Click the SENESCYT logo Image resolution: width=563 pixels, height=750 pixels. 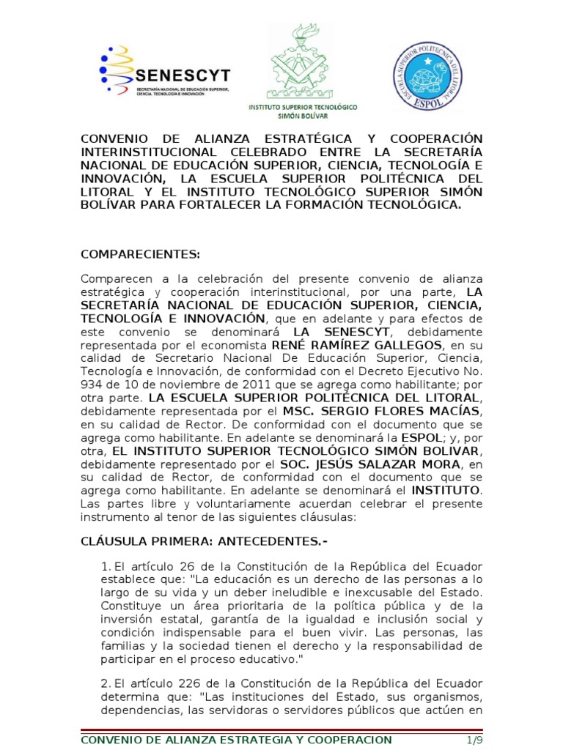point(164,74)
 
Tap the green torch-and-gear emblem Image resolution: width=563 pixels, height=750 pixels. point(302,61)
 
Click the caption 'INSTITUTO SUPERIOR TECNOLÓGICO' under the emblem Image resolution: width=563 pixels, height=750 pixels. point(302,107)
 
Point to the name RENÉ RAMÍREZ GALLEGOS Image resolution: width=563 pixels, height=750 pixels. point(356,344)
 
